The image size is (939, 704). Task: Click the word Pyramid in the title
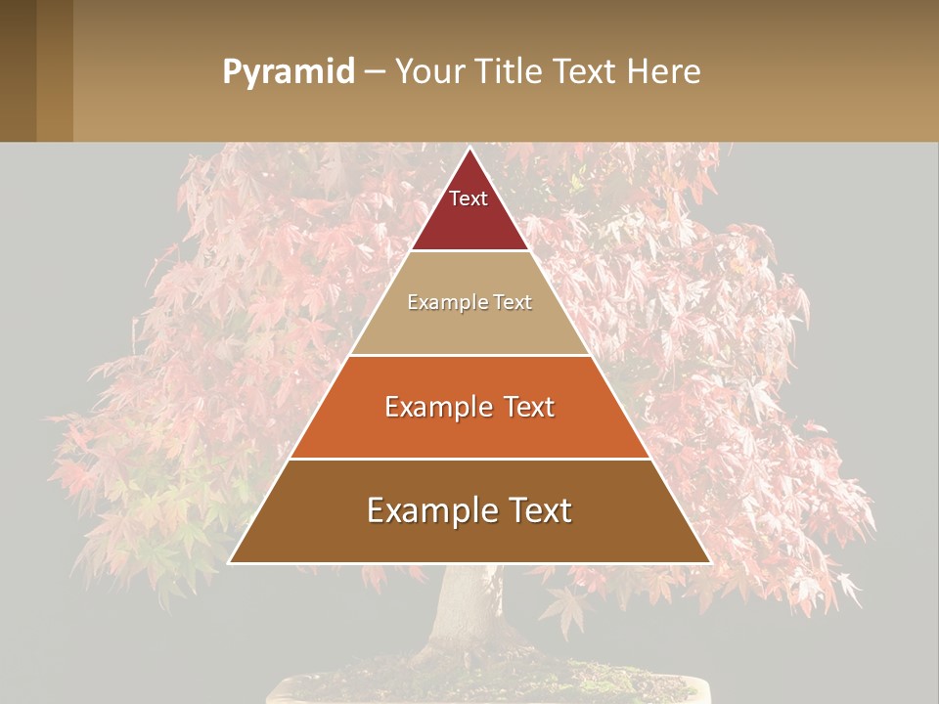288,72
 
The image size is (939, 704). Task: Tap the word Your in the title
431,71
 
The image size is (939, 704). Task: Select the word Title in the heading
509,71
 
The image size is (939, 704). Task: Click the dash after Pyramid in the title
375,72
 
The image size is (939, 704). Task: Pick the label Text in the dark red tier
469,198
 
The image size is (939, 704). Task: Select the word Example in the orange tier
437,407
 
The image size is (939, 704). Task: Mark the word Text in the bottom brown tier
540,510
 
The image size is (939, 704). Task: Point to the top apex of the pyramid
469,149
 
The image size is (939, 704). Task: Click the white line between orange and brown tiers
469,459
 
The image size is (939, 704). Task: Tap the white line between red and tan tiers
469,250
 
